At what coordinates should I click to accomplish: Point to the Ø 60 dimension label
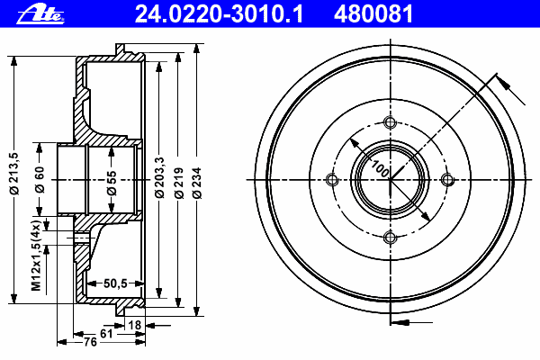coord(40,181)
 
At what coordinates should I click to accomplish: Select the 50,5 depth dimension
coord(114,283)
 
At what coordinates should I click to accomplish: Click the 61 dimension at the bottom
coord(106,334)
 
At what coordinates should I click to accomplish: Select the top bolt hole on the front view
coord(390,123)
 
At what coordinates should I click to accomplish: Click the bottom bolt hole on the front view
coord(390,238)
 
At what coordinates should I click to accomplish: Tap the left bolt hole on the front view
coord(332,180)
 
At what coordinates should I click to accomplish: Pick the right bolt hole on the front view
coord(447,180)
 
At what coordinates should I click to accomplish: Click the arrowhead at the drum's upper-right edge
coord(500,84)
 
